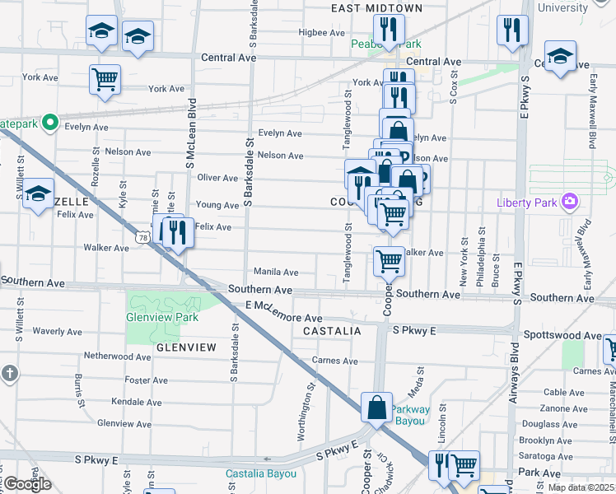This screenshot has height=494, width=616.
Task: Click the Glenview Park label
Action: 162,317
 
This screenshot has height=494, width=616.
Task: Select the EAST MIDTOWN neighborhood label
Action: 376,8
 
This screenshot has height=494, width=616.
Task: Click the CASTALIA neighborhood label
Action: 332,331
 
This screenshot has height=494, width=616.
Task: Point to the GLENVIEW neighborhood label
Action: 186,347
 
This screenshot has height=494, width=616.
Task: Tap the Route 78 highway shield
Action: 143,236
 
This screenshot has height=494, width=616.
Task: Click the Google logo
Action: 27,484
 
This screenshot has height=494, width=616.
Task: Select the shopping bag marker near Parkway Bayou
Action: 376,408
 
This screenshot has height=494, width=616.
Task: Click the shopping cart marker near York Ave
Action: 105,79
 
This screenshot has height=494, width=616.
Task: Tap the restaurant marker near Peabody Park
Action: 389,30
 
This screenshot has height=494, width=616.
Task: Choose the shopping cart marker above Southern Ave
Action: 389,262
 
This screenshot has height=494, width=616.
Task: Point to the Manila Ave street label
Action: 275,272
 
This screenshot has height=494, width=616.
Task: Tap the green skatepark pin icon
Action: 49,123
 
